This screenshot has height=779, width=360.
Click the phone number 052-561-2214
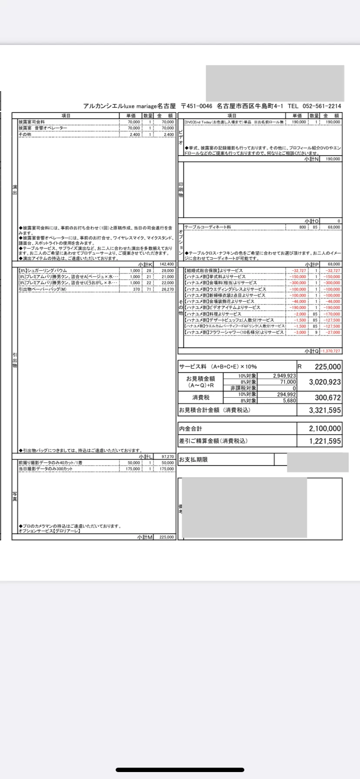point(321,106)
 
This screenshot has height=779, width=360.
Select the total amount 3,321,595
point(325,410)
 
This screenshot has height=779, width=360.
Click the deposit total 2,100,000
point(325,429)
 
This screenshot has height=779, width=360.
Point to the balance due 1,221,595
point(325,441)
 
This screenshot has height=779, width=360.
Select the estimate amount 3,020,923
point(325,382)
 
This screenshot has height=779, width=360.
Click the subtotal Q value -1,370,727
point(331,351)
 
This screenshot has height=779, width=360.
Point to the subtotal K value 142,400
point(167,264)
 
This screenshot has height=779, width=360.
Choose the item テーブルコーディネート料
point(207,227)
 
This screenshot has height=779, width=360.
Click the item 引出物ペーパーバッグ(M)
point(43,289)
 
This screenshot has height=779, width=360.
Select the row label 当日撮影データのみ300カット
point(45,469)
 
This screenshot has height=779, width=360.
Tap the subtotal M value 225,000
point(167,537)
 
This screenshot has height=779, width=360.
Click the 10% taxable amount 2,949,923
point(284,376)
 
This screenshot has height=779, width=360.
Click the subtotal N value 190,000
point(333,159)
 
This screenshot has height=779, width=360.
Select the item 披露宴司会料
point(31,122)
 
